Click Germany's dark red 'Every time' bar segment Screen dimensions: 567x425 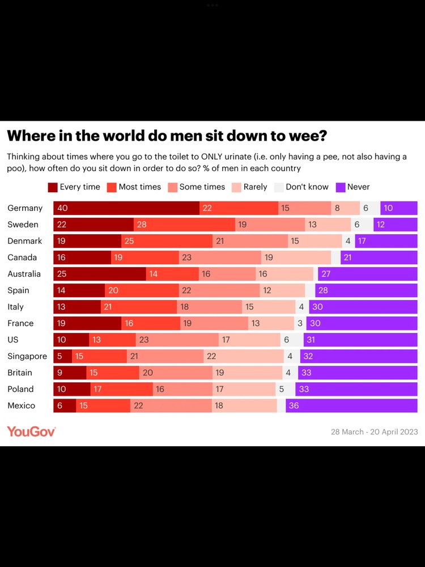[126, 208]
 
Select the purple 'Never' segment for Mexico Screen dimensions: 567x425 [351, 405]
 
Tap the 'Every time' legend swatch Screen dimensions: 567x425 [53, 187]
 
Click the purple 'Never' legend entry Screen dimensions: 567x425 [352, 187]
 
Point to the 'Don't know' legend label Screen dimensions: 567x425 [307, 187]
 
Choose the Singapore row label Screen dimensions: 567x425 [27, 356]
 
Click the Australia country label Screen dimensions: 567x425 [24, 274]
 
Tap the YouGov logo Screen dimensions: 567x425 [31, 431]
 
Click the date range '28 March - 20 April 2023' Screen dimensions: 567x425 [374, 432]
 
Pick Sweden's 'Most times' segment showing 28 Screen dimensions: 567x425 [184, 225]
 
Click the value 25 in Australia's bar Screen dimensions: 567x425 [62, 274]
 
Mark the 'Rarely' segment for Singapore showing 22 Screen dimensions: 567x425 [244, 356]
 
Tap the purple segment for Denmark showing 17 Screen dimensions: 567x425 [386, 241]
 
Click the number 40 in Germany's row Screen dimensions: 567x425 [62, 208]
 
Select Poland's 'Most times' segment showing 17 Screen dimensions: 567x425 [122, 389]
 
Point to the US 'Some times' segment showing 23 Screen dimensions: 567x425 [177, 340]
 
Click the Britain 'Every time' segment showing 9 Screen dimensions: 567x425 [70, 373]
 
